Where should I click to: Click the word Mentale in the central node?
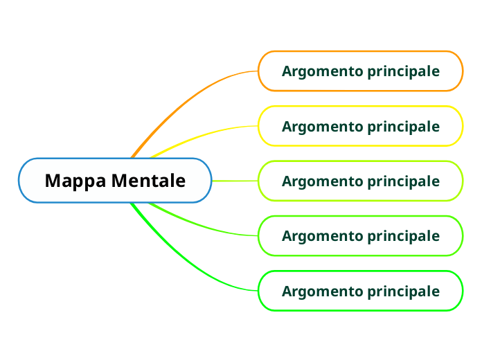(149, 181)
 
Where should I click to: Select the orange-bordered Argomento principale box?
(360, 71)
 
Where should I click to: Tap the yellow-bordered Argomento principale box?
(360, 126)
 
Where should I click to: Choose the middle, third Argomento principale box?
(360, 181)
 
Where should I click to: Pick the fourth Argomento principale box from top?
(360, 235)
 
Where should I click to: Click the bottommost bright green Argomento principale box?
(360, 291)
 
